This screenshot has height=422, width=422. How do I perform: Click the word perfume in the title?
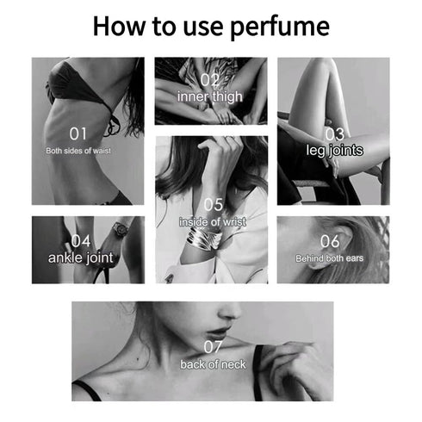click(280, 27)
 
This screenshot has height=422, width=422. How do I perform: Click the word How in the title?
click(119, 26)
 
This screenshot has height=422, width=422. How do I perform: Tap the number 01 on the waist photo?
click(78, 133)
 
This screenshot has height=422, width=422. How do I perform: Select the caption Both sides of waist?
click(78, 151)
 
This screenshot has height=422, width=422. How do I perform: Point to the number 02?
click(210, 80)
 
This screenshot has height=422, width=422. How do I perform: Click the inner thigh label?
click(210, 96)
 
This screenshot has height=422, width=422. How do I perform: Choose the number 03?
click(335, 134)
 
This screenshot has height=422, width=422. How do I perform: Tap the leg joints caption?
click(335, 151)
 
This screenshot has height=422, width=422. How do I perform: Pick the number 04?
click(81, 241)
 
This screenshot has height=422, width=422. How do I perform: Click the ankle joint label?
click(81, 258)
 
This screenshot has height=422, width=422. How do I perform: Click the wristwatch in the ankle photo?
click(120, 230)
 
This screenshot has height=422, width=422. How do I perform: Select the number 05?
click(214, 205)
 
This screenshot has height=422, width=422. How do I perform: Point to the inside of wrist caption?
click(213, 221)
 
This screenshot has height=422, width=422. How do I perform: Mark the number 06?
click(330, 241)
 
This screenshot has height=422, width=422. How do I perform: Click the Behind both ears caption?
click(330, 258)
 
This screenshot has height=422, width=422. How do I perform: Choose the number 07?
click(213, 347)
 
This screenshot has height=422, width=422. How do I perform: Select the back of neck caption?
click(213, 364)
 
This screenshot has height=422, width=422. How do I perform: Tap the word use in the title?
click(203, 28)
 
